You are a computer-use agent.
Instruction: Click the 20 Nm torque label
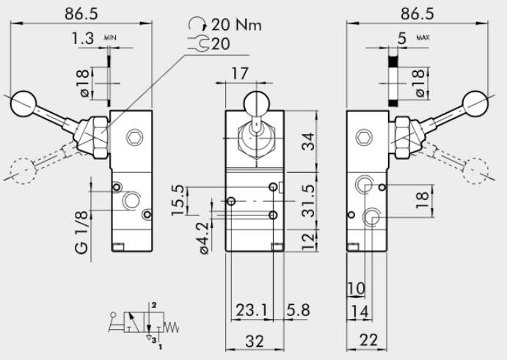click(x=236, y=24)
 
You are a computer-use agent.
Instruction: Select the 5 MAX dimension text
click(x=401, y=38)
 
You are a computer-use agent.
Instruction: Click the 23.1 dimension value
click(x=251, y=310)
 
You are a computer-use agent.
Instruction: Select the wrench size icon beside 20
click(x=199, y=44)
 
